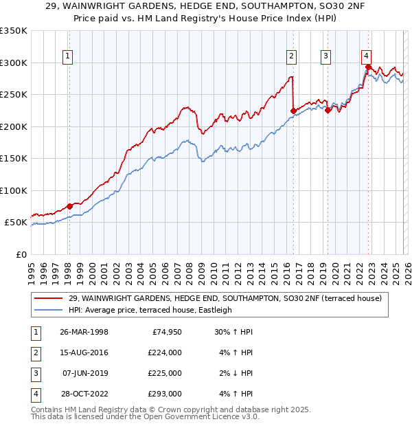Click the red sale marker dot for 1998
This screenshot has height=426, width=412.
[69, 206]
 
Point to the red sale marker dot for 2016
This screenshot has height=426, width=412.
[293, 111]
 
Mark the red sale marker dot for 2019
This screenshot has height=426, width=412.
[328, 110]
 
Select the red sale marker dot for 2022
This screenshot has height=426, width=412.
[369, 67]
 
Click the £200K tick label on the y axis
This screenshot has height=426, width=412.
[13, 126]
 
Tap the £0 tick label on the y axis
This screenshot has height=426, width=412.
[20, 254]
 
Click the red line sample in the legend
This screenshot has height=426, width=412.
[48, 298]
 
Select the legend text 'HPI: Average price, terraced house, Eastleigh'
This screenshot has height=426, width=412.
[150, 310]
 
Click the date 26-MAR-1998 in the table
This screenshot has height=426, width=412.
[84, 332]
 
